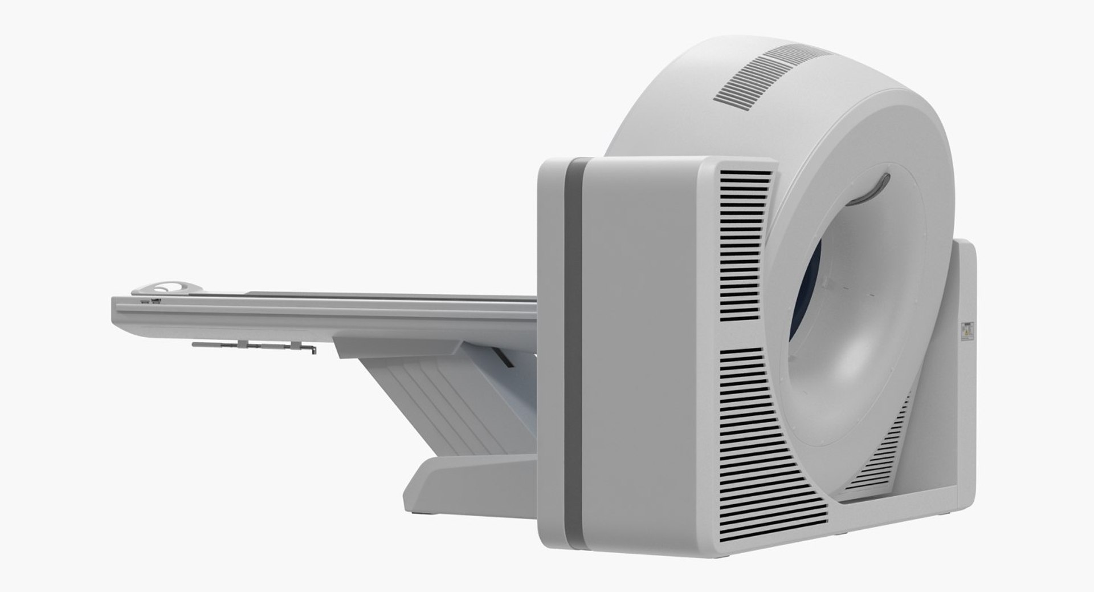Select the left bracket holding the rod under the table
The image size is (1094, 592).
(243, 344)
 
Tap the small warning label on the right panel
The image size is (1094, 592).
(968, 331)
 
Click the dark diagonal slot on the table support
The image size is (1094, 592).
(505, 358)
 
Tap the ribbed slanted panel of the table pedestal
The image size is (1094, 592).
(433, 399)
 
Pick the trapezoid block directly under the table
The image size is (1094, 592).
(399, 346)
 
